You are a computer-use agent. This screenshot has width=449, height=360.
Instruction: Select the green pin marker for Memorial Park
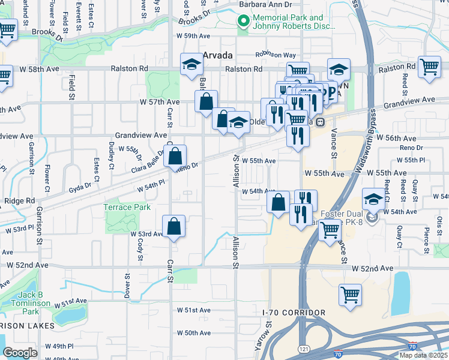[x=244, y=22]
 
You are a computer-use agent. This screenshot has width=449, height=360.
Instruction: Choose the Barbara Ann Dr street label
[x=265, y=4]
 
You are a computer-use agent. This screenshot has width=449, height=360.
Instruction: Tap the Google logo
[x=20, y=352]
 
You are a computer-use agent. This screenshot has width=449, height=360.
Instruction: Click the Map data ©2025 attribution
[x=423, y=355]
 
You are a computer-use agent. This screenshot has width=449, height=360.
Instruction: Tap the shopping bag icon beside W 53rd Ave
[x=173, y=227]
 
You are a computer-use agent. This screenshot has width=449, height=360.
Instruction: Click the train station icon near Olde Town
[x=321, y=122]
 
